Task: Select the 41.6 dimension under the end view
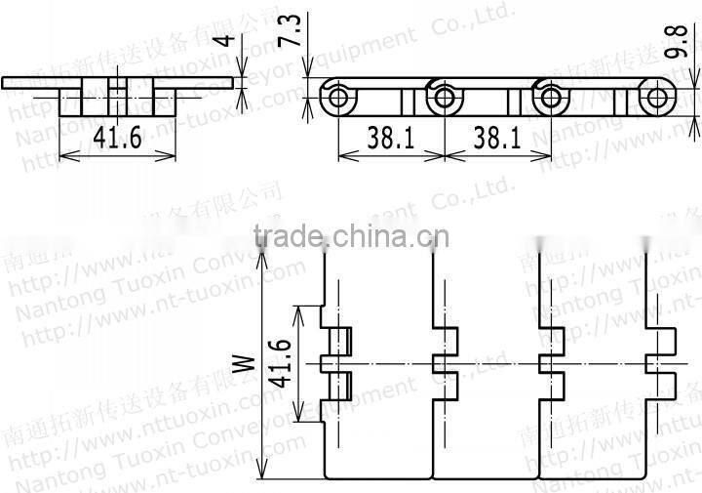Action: (x=118, y=139)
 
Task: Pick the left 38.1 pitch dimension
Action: (x=390, y=139)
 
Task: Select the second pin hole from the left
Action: (x=446, y=99)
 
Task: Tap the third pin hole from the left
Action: (x=553, y=99)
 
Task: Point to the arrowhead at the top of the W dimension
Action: (x=260, y=252)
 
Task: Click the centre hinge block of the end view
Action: (x=117, y=99)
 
